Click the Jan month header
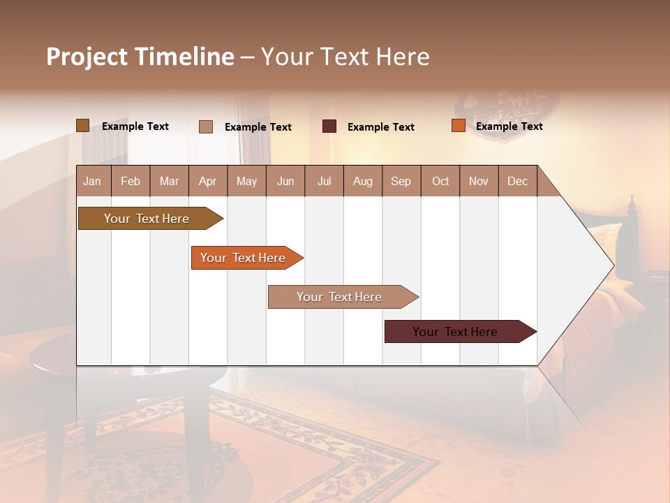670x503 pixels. tap(92, 181)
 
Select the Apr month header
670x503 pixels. tap(207, 181)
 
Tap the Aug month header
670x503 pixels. tap(362, 181)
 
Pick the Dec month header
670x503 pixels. tap(517, 181)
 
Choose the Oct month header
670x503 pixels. tap(440, 181)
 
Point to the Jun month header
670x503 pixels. tap(285, 181)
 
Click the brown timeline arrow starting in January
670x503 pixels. tap(147, 219)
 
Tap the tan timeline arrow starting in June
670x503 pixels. tap(339, 297)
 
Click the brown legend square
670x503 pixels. tap(82, 126)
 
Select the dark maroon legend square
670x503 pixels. tap(329, 126)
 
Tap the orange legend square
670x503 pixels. tap(458, 126)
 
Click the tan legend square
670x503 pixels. tap(205, 126)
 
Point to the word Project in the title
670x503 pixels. tap(87, 57)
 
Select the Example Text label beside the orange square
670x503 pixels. tap(509, 126)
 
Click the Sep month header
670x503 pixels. tap(401, 181)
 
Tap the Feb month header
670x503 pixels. tap(131, 181)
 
